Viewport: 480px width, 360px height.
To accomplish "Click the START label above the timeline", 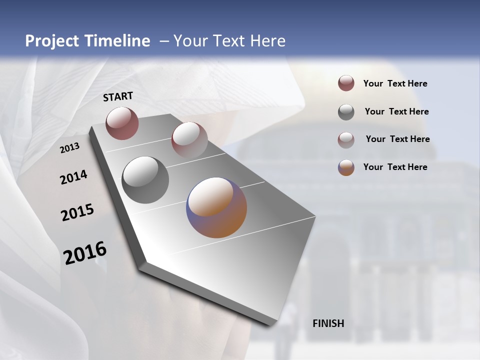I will coord(118,96).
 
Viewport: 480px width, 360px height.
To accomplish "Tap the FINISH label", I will coord(328,323).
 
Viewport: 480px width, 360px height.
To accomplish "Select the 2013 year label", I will coord(69,148).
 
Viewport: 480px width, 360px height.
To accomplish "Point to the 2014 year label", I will coord(73,177).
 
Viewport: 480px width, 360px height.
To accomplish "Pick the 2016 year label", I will coord(85,253).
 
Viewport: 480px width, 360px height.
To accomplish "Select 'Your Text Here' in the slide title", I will coord(229,41).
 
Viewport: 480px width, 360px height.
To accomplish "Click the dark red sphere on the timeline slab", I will coord(122,123).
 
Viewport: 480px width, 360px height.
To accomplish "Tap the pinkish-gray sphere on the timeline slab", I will coord(189,139).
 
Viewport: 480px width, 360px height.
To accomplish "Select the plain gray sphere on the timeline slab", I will coord(145,180).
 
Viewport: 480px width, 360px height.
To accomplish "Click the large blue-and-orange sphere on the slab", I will coord(216,207).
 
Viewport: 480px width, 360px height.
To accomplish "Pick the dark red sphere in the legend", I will coord(346,83).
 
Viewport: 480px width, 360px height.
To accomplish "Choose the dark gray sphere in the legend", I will coord(346,112).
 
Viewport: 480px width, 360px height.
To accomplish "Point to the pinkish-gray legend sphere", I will coord(346,140).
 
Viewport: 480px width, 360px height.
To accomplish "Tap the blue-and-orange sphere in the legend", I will coord(346,167).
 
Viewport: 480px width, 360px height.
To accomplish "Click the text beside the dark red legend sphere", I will coord(395,84).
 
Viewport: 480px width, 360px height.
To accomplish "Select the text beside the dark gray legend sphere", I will coord(396,111).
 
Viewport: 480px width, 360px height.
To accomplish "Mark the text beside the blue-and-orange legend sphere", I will coord(395,167).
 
